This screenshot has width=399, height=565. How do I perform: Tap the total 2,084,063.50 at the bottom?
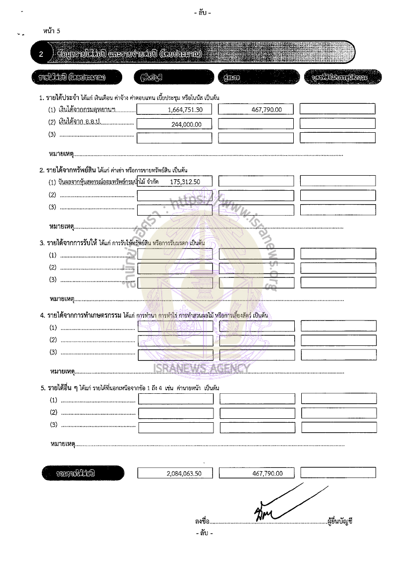click(x=184, y=474)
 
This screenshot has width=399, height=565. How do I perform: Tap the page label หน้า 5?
click(x=51, y=31)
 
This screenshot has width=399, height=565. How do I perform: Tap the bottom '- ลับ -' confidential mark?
click(x=204, y=533)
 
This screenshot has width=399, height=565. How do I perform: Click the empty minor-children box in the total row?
click(x=339, y=473)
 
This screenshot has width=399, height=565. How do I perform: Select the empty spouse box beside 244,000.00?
click(x=256, y=124)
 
